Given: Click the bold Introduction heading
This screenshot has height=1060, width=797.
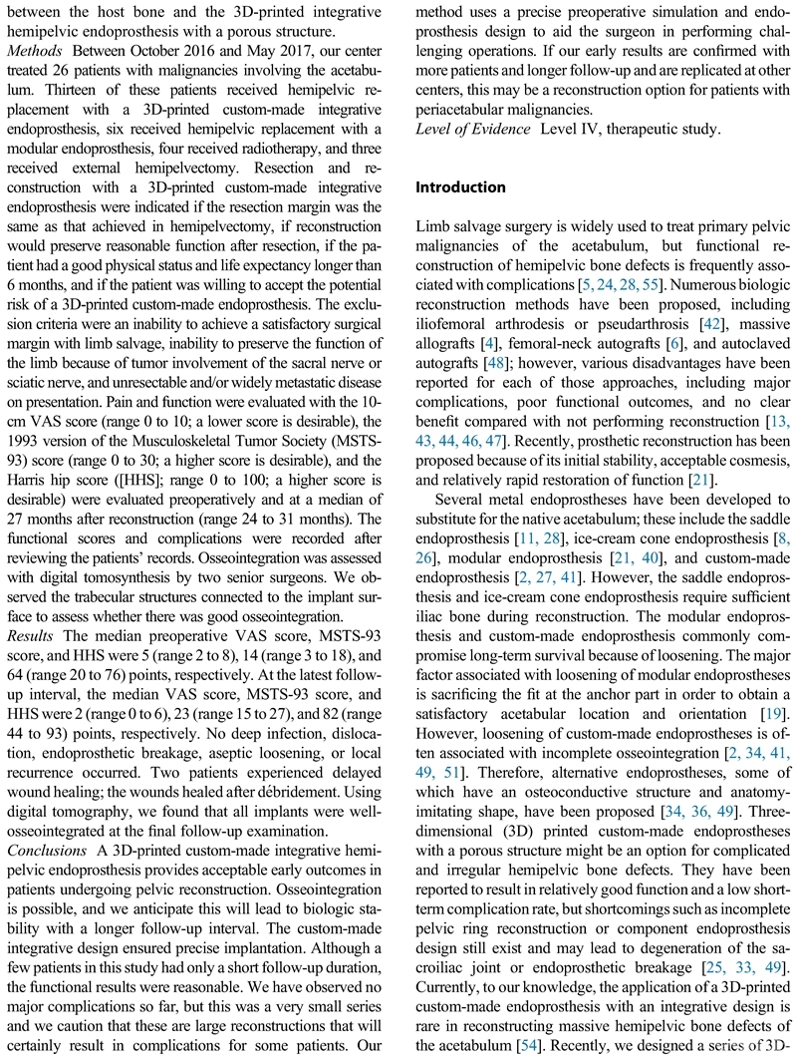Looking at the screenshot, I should coord(460,187).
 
